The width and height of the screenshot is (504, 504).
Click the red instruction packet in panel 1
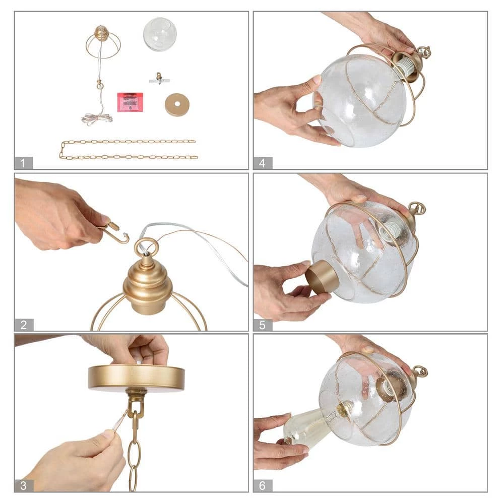point(130,102)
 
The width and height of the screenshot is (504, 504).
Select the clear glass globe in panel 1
point(160,34)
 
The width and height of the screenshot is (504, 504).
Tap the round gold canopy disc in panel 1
point(177,105)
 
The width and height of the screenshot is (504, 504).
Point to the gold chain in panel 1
point(128,150)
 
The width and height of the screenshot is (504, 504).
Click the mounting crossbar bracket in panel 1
point(159,79)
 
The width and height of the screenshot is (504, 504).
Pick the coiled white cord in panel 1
point(96,119)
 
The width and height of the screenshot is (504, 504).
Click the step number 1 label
point(23,163)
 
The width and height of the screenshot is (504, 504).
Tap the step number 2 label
point(24,325)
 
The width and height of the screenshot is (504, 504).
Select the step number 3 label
point(24,485)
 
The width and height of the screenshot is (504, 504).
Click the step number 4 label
point(263,163)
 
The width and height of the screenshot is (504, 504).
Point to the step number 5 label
point(263,325)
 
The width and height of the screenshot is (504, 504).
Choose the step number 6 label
point(263,485)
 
